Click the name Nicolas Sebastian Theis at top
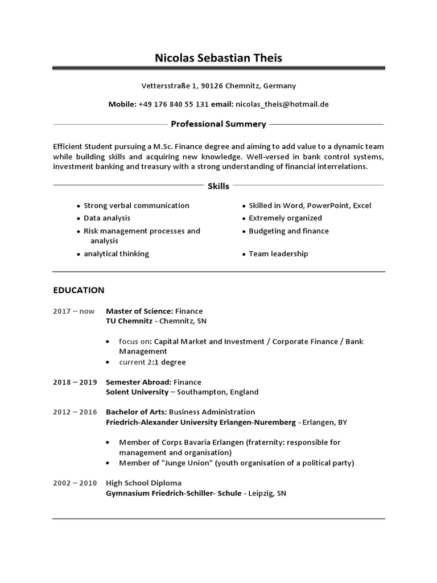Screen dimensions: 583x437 tap(218, 58)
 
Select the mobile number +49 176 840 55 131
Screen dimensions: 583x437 tap(174, 104)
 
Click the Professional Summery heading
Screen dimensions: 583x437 tap(218, 124)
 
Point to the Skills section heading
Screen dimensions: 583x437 tap(218, 186)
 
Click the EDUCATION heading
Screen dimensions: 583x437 tap(79, 290)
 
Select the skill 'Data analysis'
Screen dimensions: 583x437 tap(107, 218)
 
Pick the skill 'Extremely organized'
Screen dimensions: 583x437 tap(285, 218)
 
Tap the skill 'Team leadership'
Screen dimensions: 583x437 tap(278, 254)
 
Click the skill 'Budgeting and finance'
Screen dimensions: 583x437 tap(288, 231)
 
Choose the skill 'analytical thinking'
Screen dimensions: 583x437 tap(116, 254)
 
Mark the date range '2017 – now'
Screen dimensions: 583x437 tap(73, 311)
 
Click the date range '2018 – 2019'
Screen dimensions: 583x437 tap(75, 382)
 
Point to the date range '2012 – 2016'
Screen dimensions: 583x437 tap(75, 412)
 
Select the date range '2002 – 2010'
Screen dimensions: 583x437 tap(75, 483)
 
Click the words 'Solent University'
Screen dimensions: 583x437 tap(137, 392)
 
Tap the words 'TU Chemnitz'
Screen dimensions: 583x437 tap(129, 321)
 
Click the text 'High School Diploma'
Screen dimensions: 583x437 tap(143, 483)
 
